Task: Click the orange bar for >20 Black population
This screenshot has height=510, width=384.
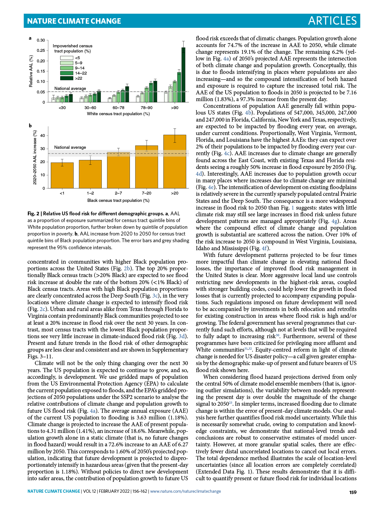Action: click(174, 162)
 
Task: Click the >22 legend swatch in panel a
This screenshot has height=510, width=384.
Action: click(67, 78)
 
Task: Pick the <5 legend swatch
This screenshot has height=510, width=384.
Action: click(67, 58)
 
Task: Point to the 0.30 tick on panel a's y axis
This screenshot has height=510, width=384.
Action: click(41, 40)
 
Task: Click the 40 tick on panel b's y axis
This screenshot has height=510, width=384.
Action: click(43, 136)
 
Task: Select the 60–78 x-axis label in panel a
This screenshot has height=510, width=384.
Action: click(118, 108)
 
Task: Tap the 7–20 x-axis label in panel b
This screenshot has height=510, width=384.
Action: click(147, 193)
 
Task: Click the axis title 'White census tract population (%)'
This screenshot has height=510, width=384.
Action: click(118, 114)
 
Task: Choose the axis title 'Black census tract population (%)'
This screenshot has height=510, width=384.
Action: click(118, 201)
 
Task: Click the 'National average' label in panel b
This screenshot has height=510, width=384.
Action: click(70, 147)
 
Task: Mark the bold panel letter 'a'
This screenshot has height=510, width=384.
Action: click(30, 38)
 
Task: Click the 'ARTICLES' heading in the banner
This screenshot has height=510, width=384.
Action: click(332, 21)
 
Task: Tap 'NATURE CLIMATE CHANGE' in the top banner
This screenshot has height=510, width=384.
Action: click(74, 21)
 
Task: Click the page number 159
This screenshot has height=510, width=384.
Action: click(353, 492)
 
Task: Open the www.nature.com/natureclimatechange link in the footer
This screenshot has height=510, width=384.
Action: click(185, 491)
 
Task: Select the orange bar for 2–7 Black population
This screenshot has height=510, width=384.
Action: click(118, 170)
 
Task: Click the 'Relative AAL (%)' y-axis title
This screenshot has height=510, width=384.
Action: click(31, 71)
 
